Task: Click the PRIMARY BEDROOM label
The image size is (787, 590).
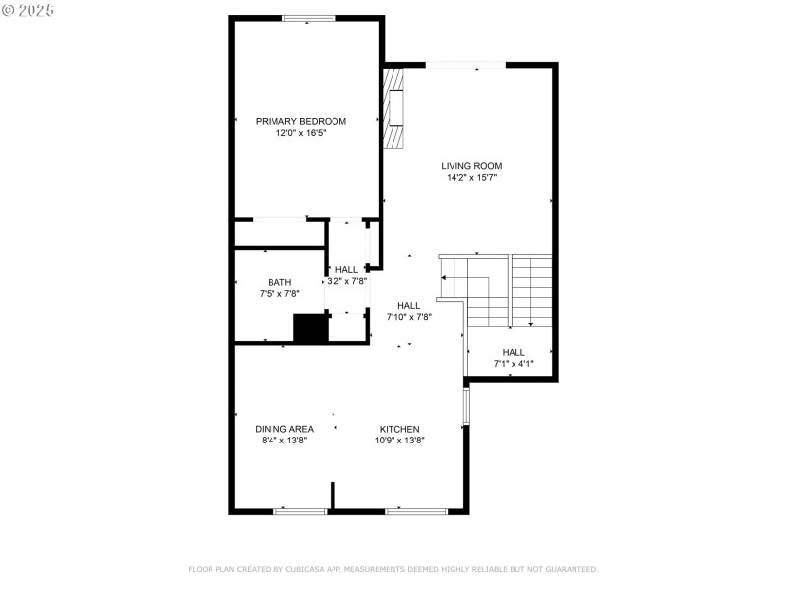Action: pos(301,121)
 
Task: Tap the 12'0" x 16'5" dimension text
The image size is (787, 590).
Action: pos(301,132)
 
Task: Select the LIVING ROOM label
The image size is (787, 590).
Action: pos(471,166)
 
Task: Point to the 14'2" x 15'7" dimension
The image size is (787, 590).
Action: pos(471,178)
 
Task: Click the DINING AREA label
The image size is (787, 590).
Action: pos(284,429)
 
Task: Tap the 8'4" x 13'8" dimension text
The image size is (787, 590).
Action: pos(284,441)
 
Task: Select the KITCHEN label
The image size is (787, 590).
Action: pos(400,429)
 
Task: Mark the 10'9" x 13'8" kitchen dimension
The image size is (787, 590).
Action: pos(400,441)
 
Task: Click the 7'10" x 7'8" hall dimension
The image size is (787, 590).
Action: pos(408,317)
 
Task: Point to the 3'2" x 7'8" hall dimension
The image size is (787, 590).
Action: pos(346,281)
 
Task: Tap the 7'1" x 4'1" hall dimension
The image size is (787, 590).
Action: pos(514,364)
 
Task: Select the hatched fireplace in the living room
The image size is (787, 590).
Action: pos(393,108)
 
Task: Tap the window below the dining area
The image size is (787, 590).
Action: pos(300,511)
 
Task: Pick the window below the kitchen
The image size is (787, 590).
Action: pos(416,511)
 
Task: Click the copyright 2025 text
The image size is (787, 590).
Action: pos(29,10)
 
